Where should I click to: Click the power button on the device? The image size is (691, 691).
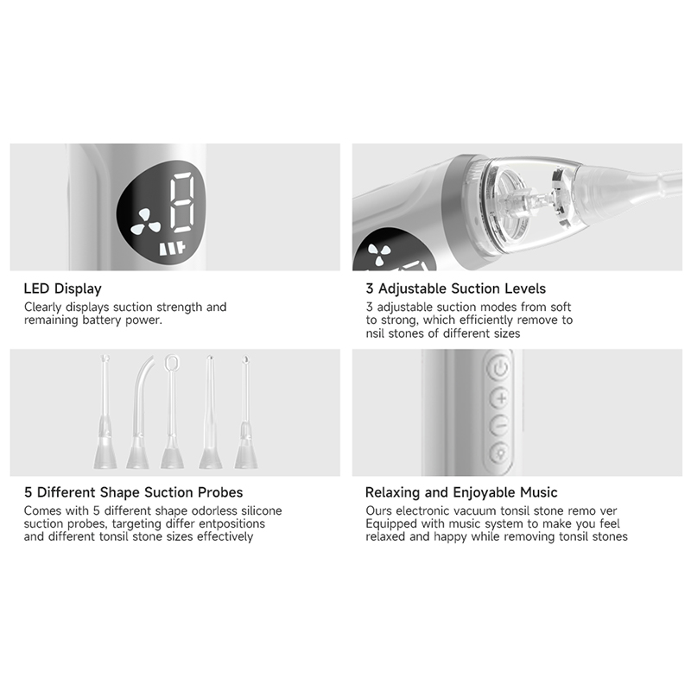(x=500, y=368)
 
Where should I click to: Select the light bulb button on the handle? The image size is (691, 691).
(x=500, y=453)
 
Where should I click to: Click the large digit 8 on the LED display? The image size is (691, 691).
(x=182, y=202)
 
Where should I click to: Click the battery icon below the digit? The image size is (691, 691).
(x=173, y=249)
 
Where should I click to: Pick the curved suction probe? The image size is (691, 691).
(x=139, y=412)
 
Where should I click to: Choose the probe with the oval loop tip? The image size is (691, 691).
(x=171, y=412)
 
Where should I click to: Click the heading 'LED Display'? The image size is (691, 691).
(x=62, y=288)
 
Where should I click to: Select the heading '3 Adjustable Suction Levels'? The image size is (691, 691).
(x=456, y=288)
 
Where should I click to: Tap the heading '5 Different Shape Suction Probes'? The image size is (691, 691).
(x=134, y=492)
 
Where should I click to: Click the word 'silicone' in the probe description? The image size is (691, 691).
(x=262, y=510)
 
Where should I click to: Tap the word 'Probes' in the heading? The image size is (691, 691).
(x=220, y=492)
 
